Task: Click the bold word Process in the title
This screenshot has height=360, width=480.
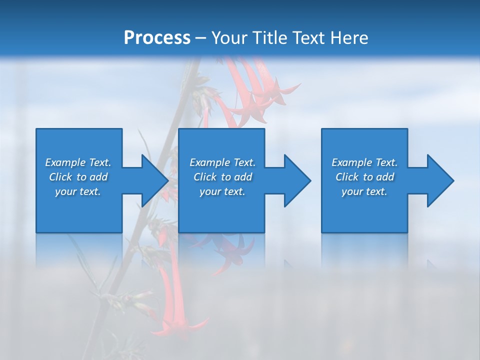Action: (x=157, y=38)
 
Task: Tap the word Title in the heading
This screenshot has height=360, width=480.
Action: (x=267, y=38)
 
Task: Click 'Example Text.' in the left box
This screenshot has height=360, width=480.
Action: (x=78, y=162)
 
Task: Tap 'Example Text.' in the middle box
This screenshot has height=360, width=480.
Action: (x=222, y=162)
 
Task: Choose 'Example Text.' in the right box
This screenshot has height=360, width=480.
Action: (x=364, y=162)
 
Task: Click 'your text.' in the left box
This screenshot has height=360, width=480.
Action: (x=78, y=191)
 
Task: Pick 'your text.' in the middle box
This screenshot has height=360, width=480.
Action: (x=222, y=191)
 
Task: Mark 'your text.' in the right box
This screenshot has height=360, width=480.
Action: (x=364, y=191)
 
